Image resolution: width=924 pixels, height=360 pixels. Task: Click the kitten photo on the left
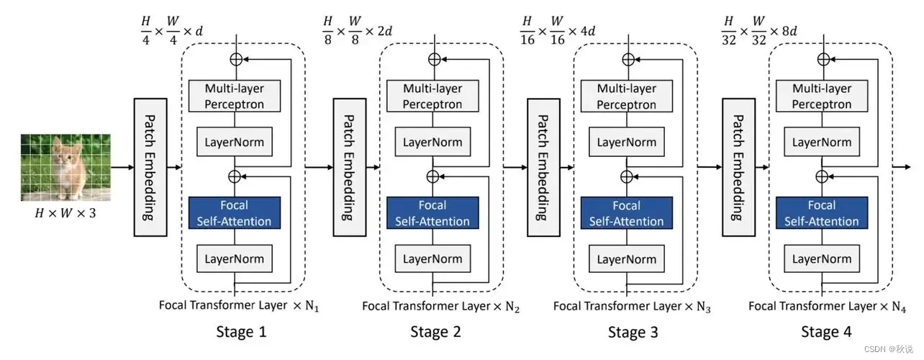[65, 167]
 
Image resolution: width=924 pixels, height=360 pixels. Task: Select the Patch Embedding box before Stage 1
[150, 167]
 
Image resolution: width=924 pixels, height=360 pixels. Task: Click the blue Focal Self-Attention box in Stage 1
[235, 213]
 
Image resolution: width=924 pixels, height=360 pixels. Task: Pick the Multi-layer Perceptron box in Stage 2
[432, 96]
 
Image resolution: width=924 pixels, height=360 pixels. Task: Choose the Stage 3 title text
[633, 332]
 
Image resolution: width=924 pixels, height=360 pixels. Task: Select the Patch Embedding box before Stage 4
[738, 167]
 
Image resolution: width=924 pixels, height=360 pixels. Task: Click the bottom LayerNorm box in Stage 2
[432, 258]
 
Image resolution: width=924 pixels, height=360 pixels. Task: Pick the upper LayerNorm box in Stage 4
[822, 142]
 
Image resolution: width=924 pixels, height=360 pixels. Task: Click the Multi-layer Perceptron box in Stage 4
[823, 96]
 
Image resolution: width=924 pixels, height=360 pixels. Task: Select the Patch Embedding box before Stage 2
[348, 167]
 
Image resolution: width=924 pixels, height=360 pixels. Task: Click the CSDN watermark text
[890, 349]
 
